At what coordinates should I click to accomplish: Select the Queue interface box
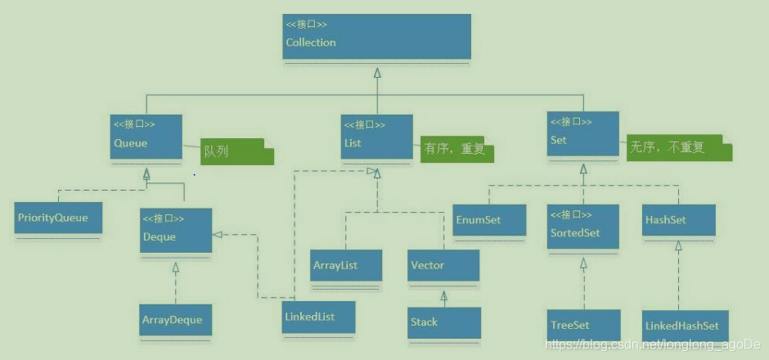click(x=146, y=136)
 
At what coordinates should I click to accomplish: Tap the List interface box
click(x=376, y=136)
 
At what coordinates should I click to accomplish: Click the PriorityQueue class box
click(x=57, y=218)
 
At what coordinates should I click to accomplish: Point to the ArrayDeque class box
click(x=176, y=319)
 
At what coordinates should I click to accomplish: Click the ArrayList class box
click(x=346, y=265)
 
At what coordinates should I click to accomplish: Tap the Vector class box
click(x=443, y=265)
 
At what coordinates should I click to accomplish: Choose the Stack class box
click(x=443, y=322)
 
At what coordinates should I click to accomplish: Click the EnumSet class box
click(x=489, y=219)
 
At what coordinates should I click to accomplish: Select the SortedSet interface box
click(x=582, y=227)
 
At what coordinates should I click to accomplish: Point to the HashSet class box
click(x=678, y=219)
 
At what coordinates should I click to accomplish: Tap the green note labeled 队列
click(x=237, y=151)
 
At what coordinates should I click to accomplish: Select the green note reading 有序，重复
click(x=458, y=150)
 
